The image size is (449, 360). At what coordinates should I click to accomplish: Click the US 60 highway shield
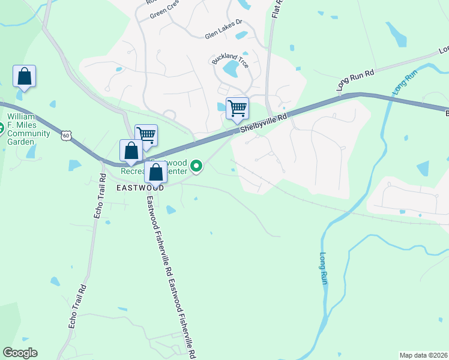click(x=65, y=136)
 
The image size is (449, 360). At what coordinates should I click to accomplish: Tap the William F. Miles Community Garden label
click(x=29, y=125)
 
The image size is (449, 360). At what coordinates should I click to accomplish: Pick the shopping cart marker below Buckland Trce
click(x=237, y=109)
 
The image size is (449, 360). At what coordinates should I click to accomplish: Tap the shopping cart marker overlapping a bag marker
click(x=146, y=136)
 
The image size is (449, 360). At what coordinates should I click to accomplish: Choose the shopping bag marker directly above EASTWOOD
click(x=155, y=172)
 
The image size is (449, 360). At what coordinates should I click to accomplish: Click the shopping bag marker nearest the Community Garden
click(x=24, y=77)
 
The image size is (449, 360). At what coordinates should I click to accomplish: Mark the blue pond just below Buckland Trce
click(x=231, y=70)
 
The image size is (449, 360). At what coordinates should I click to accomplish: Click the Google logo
click(x=20, y=353)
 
